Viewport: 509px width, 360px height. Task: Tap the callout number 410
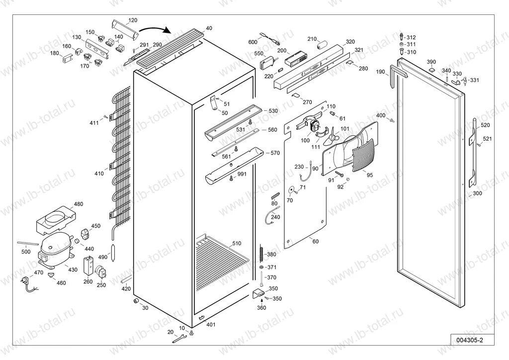point(99,174)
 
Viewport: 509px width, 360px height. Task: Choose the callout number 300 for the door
point(477,193)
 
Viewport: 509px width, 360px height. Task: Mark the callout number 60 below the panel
point(315,241)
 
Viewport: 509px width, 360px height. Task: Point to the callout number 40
point(209,28)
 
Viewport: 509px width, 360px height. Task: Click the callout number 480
point(79,204)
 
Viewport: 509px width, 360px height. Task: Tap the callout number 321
point(358,50)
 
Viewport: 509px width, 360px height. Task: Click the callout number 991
point(242,174)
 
